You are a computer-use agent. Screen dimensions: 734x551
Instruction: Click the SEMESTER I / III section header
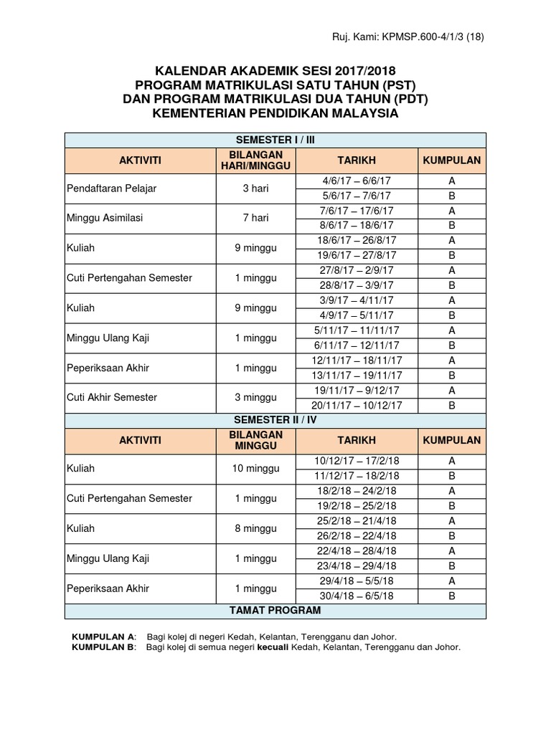coord(275,140)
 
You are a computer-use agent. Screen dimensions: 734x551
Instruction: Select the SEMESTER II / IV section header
coord(275,419)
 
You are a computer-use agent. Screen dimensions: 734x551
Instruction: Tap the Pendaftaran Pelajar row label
coord(111,189)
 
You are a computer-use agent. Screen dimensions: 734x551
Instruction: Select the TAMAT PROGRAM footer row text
coord(275,610)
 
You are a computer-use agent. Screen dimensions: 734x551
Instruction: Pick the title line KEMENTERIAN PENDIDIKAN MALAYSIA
coord(275,113)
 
